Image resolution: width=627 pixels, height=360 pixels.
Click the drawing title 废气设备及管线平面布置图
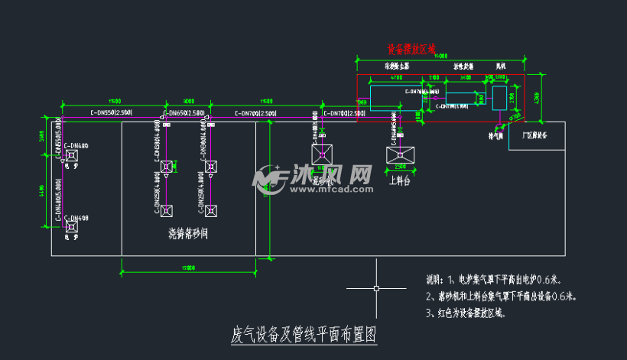(x=304, y=335)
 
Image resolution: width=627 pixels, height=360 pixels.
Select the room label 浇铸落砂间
(x=189, y=233)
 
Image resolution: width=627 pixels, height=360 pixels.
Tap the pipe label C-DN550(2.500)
(x=112, y=113)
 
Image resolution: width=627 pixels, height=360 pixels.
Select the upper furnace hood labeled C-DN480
(x=71, y=156)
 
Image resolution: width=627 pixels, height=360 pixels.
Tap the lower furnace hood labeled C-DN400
(x=71, y=226)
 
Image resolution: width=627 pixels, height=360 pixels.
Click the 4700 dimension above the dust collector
(x=397, y=77)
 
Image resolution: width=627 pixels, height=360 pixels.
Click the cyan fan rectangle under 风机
(x=499, y=97)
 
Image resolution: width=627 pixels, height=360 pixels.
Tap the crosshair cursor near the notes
(x=375, y=288)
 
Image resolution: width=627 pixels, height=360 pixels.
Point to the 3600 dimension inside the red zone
(x=465, y=77)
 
